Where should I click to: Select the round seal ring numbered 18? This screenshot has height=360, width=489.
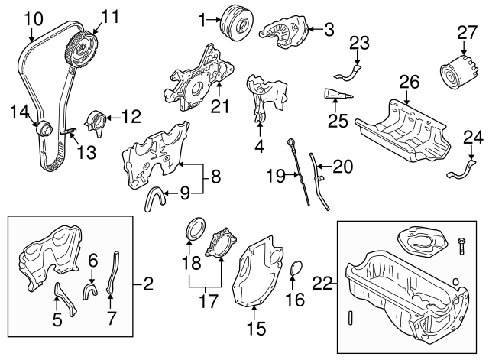[196, 229]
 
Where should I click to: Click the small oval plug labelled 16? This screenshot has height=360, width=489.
[299, 270]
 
